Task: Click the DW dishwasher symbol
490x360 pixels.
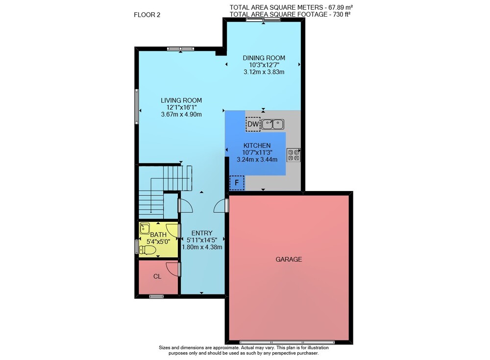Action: click(253, 124)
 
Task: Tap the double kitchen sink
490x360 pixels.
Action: click(273, 124)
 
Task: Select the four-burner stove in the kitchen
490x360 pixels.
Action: click(294, 155)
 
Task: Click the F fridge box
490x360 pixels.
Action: click(237, 183)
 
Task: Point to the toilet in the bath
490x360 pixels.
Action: click(147, 250)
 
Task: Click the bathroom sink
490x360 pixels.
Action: click(145, 228)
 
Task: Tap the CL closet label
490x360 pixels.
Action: click(157, 277)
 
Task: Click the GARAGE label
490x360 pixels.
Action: click(289, 259)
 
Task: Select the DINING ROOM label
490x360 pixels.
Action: click(264, 58)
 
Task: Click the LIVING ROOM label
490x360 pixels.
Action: click(181, 100)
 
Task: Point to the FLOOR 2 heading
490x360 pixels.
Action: click(147, 15)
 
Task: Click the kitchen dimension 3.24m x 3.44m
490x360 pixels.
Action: click(257, 160)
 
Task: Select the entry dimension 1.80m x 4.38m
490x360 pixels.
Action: click(202, 247)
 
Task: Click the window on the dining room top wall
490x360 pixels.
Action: click(263, 20)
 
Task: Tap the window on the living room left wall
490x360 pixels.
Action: click(137, 107)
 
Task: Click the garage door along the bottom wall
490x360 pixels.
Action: click(287, 342)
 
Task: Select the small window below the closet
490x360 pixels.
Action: click(156, 296)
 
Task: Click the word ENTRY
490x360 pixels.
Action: click(202, 233)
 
